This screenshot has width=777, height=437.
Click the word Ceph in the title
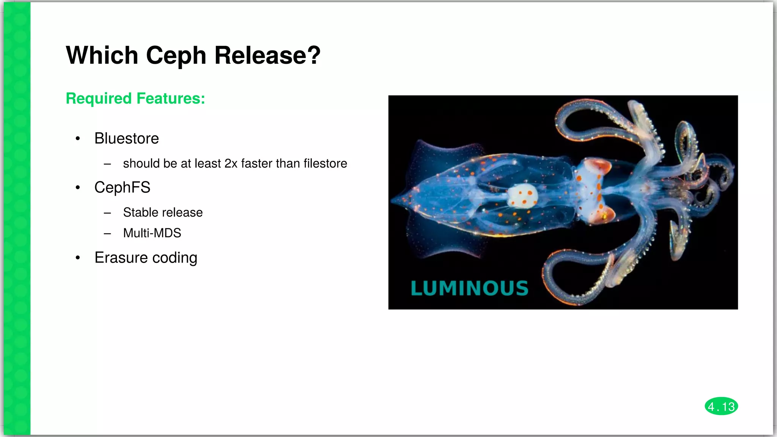pyautogui.click(x=176, y=55)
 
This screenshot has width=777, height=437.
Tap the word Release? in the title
pyautogui.click(x=267, y=55)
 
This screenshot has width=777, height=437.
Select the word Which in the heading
pyautogui.click(x=102, y=55)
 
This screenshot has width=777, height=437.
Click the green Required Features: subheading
pyautogui.click(x=135, y=98)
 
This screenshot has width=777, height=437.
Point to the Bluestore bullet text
pyautogui.click(x=126, y=138)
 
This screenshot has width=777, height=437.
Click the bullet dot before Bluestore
pyautogui.click(x=78, y=139)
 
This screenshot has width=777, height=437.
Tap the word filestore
pyautogui.click(x=325, y=163)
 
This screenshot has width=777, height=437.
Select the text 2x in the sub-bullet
pyautogui.click(x=231, y=163)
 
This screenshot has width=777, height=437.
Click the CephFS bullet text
pyautogui.click(x=122, y=187)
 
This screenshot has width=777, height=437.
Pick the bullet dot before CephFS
pyautogui.click(x=78, y=187)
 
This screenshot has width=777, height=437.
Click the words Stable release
pyautogui.click(x=163, y=212)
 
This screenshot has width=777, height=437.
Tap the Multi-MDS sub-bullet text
pyautogui.click(x=152, y=233)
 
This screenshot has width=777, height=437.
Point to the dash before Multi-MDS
pyautogui.click(x=107, y=234)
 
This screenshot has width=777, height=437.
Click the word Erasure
pyautogui.click(x=121, y=258)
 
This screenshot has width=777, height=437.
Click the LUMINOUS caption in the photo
pyautogui.click(x=469, y=288)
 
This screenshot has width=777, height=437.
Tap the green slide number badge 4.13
pyautogui.click(x=721, y=407)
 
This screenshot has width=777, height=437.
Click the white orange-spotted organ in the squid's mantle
pyautogui.click(x=523, y=196)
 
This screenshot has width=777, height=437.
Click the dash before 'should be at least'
pyautogui.click(x=107, y=164)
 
